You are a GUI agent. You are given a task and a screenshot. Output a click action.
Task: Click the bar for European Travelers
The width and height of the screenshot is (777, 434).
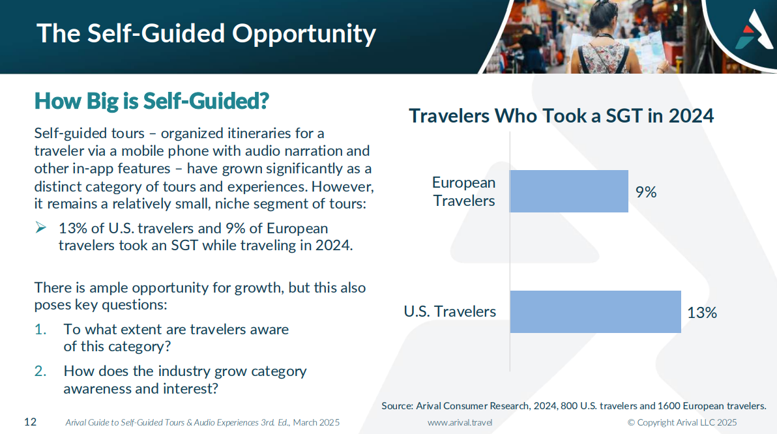(x=569, y=191)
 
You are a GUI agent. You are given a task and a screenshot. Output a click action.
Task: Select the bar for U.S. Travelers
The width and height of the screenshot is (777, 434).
(x=595, y=311)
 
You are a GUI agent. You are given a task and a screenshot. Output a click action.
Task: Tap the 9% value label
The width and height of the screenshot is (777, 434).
(x=646, y=192)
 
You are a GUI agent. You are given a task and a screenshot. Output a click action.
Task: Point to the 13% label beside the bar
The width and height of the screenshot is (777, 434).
(x=701, y=313)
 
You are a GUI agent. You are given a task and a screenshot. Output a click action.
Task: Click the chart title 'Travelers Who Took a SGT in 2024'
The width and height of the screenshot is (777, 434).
(x=561, y=116)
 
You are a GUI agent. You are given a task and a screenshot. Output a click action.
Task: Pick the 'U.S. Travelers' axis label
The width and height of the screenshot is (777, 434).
(x=450, y=311)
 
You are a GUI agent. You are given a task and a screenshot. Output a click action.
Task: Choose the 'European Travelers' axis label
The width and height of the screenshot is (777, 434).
(x=464, y=191)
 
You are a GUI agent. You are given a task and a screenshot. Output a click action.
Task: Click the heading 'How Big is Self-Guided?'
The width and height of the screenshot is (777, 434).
(x=152, y=101)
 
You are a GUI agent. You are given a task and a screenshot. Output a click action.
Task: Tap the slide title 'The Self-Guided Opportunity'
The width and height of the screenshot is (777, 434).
(x=206, y=34)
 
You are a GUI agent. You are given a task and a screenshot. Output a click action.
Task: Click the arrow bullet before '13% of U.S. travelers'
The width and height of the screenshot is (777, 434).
(x=41, y=227)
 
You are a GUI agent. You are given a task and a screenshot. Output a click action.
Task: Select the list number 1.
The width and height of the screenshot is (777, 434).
(x=40, y=330)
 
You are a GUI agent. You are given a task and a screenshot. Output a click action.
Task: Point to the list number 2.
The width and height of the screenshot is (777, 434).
(x=40, y=371)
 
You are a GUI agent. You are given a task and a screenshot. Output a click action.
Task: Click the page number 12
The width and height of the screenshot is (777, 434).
(x=30, y=422)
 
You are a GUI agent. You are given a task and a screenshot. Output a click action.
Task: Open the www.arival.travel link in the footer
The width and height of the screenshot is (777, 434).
(x=460, y=422)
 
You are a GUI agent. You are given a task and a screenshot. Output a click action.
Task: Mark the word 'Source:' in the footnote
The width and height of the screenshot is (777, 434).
(x=398, y=406)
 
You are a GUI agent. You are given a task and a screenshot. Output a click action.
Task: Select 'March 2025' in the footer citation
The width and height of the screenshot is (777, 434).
(x=316, y=422)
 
